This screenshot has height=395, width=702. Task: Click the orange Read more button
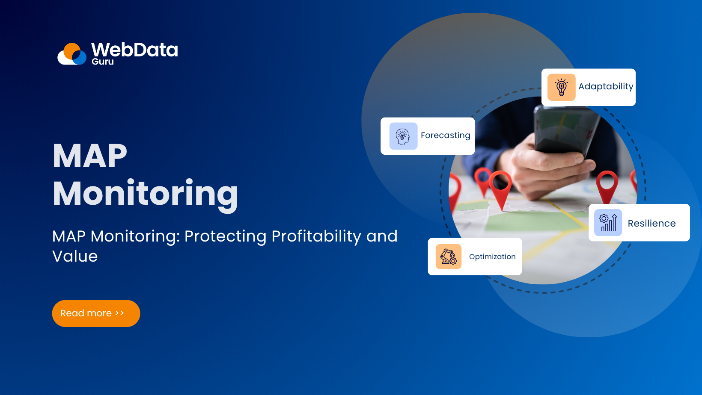96,313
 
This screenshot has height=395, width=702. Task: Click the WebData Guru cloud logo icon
72,54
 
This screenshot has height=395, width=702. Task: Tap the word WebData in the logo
134,50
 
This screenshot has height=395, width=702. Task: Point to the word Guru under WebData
103,62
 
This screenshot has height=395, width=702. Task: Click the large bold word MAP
90,156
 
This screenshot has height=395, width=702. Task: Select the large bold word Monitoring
145,194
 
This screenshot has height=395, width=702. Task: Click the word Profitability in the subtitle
316,236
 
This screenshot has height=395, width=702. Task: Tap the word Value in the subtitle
75,256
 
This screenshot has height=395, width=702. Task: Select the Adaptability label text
606,86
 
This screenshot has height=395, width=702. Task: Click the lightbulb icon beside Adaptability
561,87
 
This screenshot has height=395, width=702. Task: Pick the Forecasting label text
445,136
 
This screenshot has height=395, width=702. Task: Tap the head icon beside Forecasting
403,136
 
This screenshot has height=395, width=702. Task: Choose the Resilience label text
651,223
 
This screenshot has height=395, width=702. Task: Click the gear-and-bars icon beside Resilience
608,223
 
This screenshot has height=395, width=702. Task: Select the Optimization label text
492,256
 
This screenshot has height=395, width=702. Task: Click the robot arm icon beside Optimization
448,256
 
